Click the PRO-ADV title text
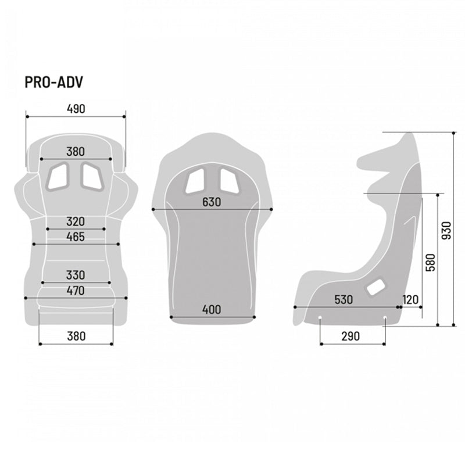pos(53,83)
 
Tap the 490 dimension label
pos(76,109)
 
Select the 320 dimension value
pos(76,221)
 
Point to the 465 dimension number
pos(76,237)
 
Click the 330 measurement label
pos(76,275)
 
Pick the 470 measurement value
pos(76,291)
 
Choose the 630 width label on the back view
pos(212,202)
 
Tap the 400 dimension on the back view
pos(212,310)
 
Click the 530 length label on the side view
pos(344,300)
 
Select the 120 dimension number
pos(410,300)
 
